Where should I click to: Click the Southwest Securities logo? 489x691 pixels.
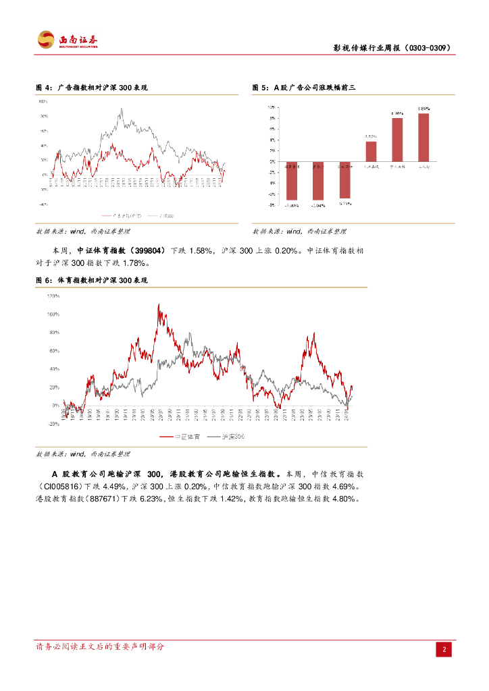coord(67,40)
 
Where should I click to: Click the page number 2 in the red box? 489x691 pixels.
coord(444,650)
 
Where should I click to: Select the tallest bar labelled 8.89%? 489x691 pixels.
coord(423,138)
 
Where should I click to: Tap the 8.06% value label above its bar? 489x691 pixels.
coord(396,113)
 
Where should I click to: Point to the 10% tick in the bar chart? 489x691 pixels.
coord(270,107)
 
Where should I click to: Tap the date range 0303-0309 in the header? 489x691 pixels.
coord(426,49)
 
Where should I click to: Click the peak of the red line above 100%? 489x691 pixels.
coord(159,305)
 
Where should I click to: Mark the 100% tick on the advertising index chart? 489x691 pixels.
coord(43,102)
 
